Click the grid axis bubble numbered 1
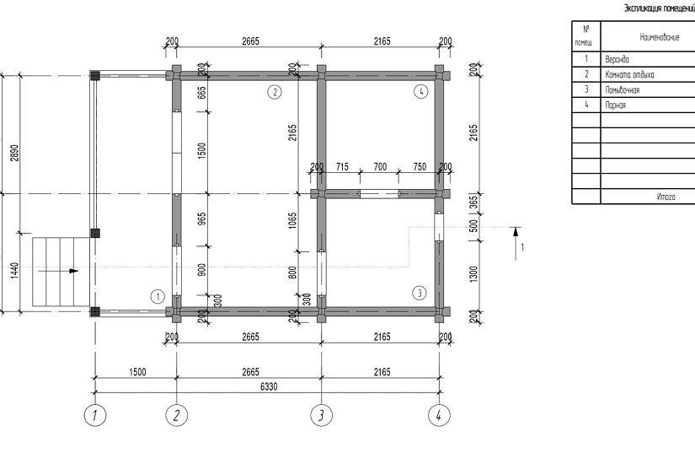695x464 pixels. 95,415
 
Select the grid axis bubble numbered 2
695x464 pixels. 176,415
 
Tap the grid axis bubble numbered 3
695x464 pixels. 321,415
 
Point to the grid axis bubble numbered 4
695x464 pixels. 439,415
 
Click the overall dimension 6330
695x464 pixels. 269,386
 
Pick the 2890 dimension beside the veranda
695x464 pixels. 14,153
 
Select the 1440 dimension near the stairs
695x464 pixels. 14,271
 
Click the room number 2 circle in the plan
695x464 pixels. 275,92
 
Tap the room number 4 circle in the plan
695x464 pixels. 420,91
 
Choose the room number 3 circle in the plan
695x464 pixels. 420,293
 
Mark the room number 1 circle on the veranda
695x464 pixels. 158,297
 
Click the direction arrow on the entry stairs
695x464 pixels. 58,271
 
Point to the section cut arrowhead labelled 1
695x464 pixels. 515,232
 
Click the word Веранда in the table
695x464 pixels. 617,59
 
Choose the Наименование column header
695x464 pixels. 659,37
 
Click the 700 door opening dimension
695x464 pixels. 380,166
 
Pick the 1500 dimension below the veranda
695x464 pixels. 137,372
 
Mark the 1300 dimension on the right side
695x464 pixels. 473,274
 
